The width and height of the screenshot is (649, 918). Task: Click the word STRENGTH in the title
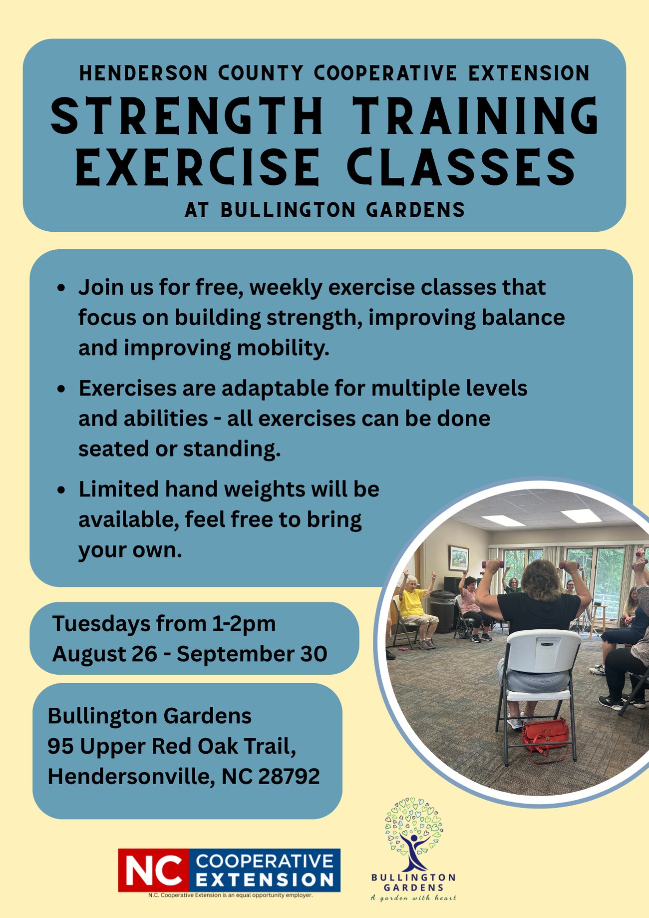point(187,115)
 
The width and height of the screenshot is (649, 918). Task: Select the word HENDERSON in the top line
point(143,73)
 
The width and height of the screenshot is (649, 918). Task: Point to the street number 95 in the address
point(61,746)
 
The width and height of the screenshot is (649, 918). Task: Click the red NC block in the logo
point(154,870)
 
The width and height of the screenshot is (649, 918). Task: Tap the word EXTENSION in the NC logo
point(265,879)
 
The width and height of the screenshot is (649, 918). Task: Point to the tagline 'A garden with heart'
point(413,898)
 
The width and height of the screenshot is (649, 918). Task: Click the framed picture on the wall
point(459,558)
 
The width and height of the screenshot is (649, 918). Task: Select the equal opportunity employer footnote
point(230,895)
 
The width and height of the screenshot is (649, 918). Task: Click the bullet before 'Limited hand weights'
point(61,490)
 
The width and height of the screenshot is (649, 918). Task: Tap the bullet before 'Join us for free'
point(61,288)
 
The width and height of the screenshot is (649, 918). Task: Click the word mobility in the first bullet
point(283,348)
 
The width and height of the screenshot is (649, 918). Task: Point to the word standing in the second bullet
point(232,449)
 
